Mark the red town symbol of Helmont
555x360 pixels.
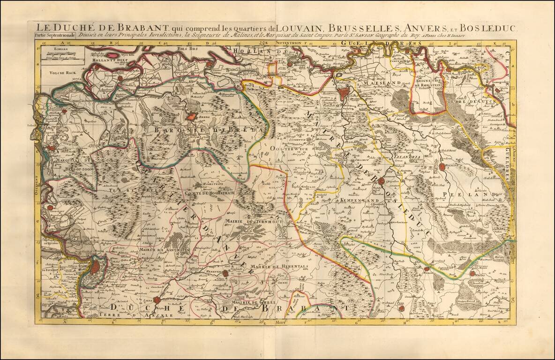coord(443,166)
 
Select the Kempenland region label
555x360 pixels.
coord(360,200)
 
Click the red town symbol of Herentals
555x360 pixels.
coord(225,273)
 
